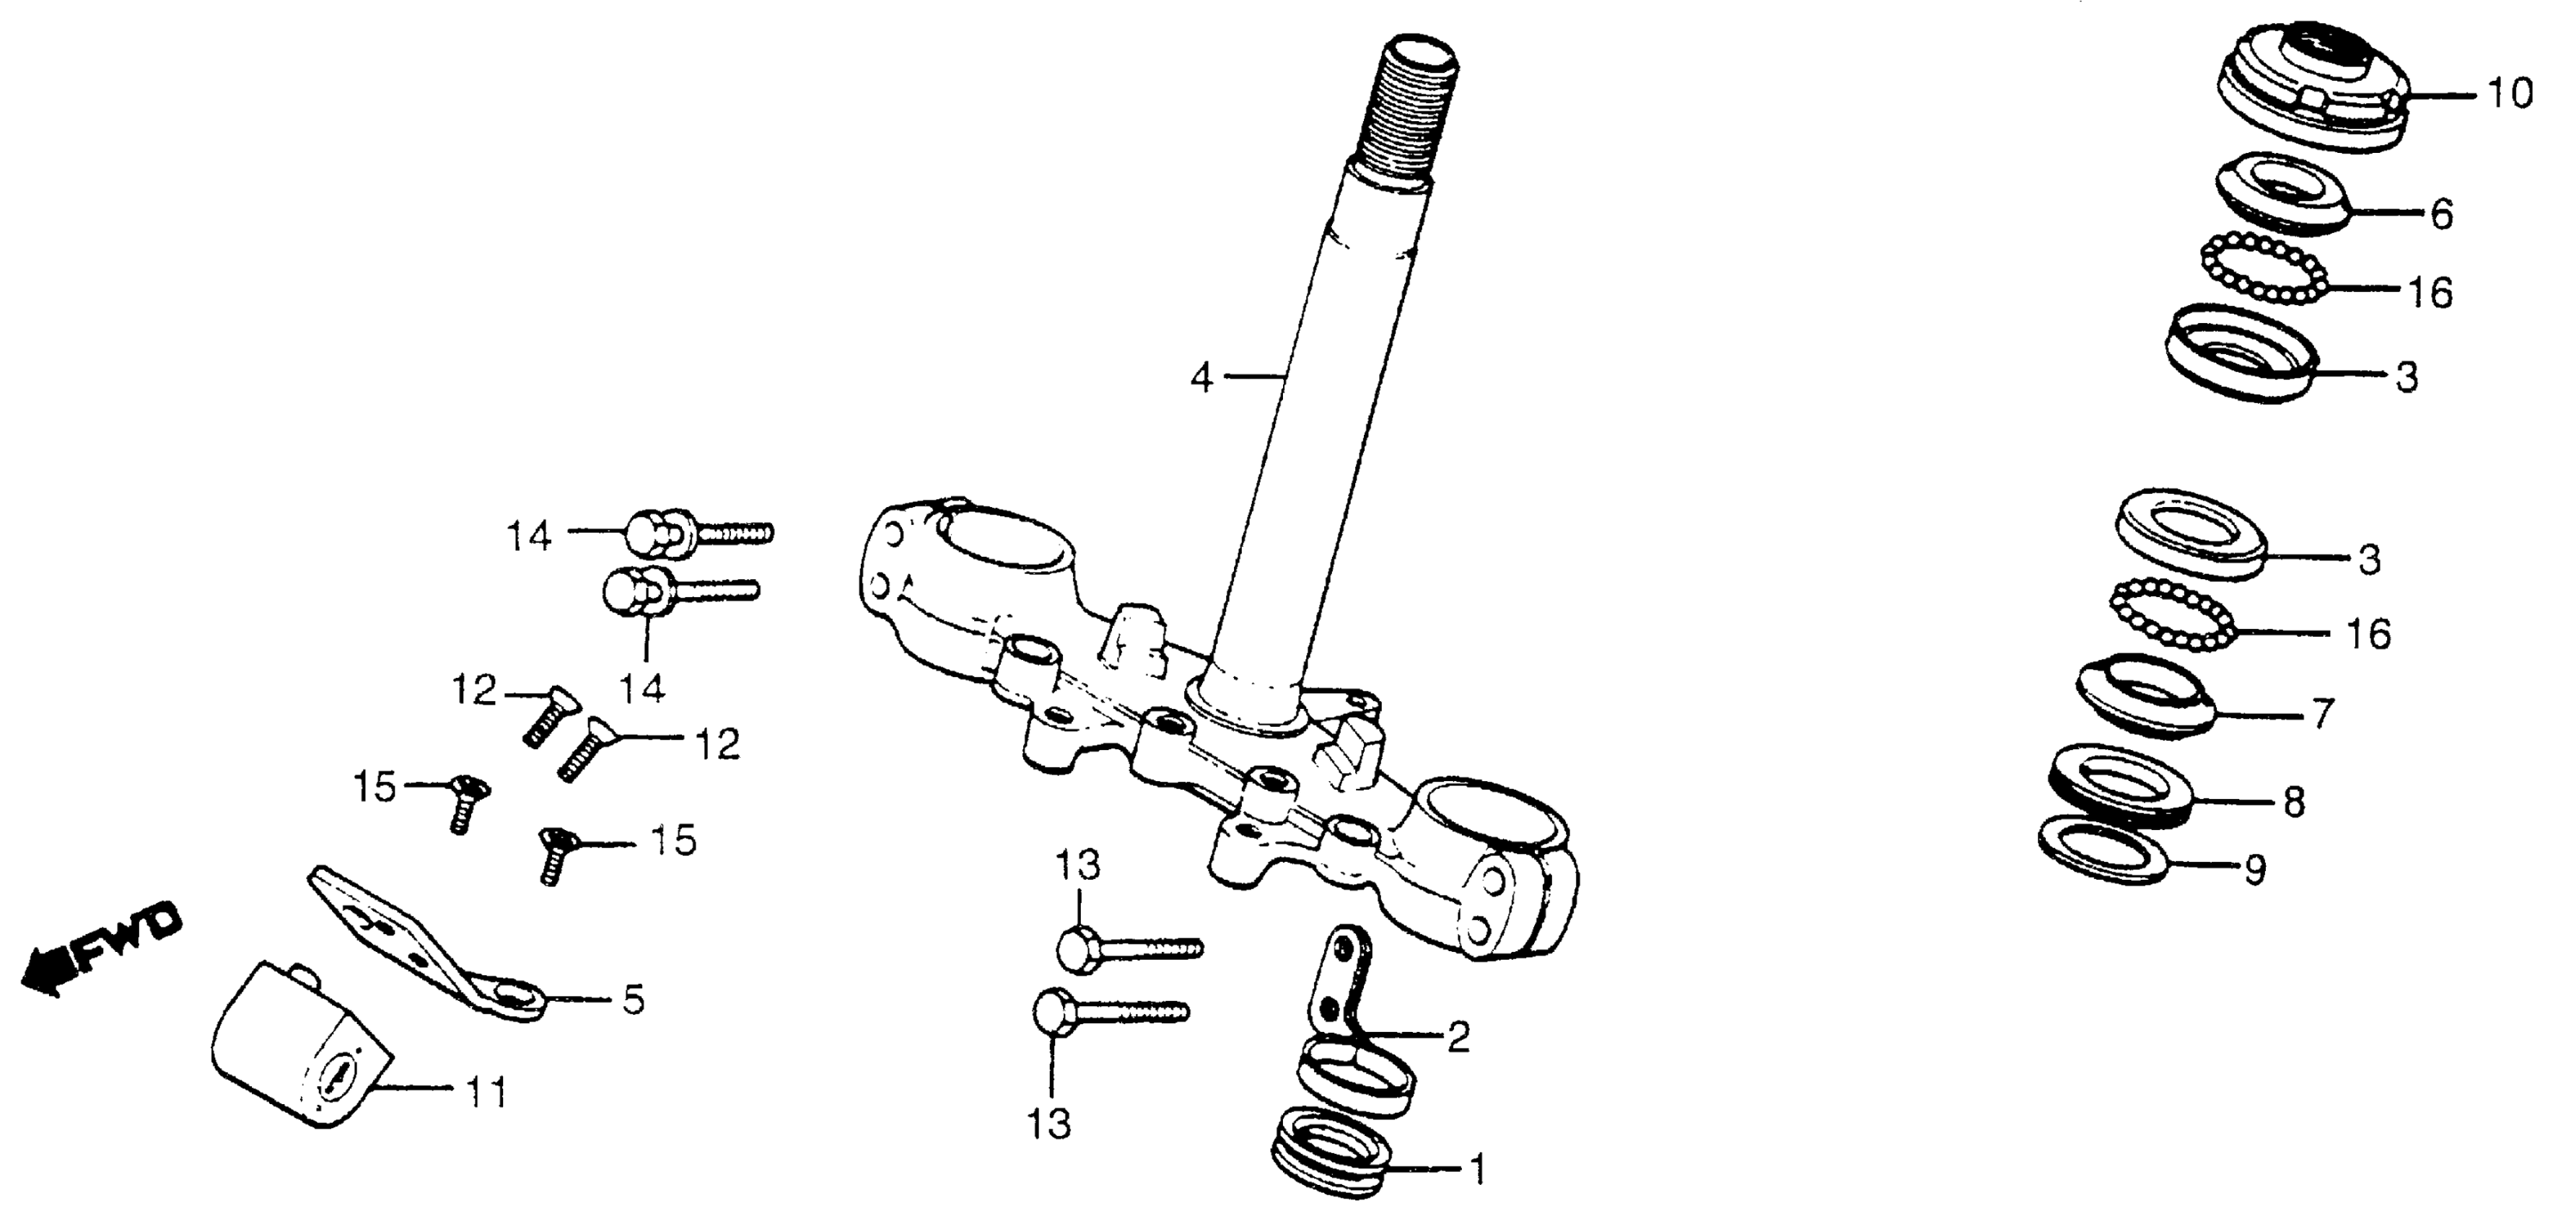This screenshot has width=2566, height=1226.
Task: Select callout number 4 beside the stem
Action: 1202,379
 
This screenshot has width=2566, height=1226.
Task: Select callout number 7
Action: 2321,713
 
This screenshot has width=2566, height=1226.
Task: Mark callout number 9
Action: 2255,870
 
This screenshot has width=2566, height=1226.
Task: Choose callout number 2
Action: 1458,1038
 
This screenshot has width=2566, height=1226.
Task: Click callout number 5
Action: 634,999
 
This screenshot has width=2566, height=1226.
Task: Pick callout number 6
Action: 2441,214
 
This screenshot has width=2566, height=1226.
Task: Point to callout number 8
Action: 2294,802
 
